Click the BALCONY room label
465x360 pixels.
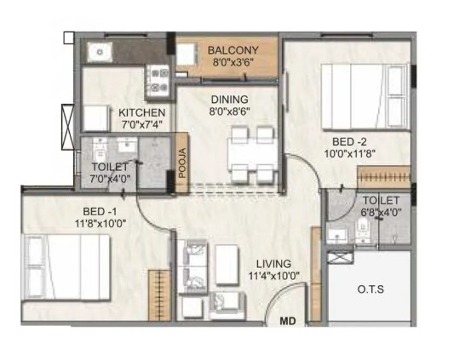click(233, 50)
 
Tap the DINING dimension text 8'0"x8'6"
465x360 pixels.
click(230, 111)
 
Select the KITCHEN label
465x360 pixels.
click(141, 112)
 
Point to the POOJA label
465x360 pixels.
click(182, 163)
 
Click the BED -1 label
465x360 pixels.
click(100, 212)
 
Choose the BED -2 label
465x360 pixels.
click(349, 141)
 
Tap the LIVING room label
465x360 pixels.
click(273, 264)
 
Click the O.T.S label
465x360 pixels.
click(370, 289)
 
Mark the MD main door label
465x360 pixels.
click(288, 321)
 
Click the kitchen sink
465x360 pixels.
click(100, 52)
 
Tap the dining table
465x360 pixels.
click(253, 155)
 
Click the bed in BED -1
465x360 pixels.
click(66, 267)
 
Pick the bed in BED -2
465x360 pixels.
click(365, 96)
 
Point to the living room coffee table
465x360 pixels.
click(227, 266)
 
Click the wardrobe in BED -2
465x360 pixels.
click(384, 177)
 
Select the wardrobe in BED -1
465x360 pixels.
click(159, 295)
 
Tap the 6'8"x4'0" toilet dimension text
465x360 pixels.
click(381, 212)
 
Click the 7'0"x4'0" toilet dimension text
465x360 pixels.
click(110, 179)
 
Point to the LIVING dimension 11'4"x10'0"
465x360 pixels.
click(274, 276)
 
